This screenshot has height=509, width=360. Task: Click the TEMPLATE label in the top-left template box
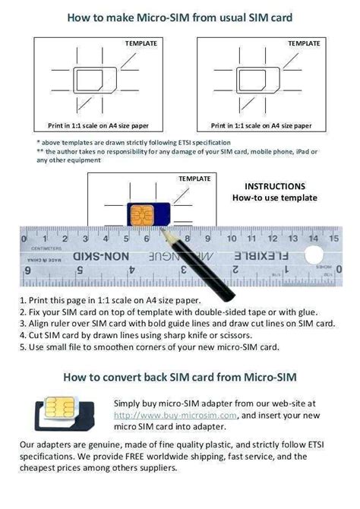coord(142,43)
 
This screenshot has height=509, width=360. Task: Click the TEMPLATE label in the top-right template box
coord(303,43)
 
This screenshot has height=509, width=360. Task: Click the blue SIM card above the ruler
coord(144,214)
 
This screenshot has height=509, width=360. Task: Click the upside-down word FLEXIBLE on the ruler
coord(289,257)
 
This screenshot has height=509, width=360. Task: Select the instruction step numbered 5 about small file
coord(152,347)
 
